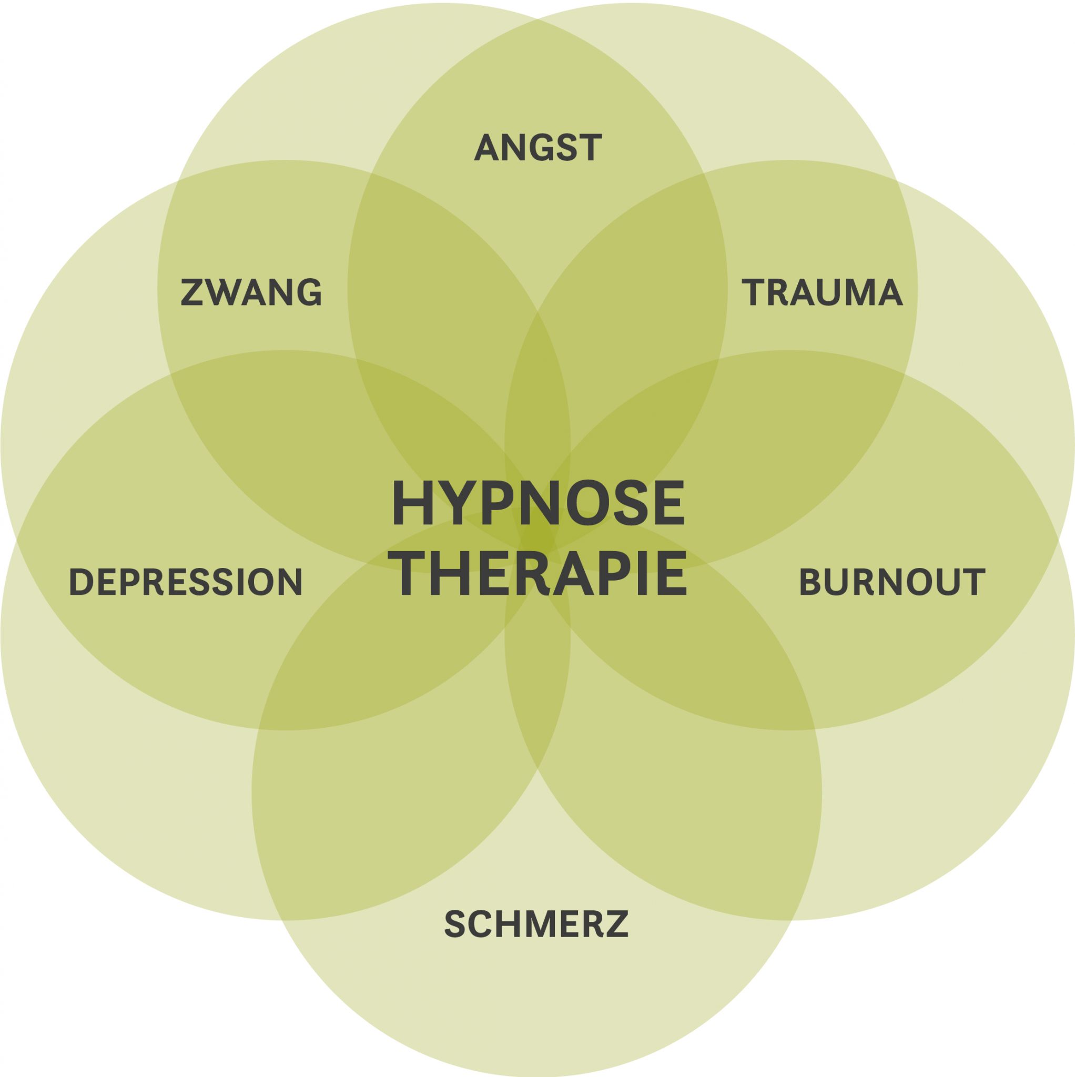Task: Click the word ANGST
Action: tap(537, 148)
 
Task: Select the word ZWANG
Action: tap(251, 292)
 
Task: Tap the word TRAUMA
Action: tap(822, 292)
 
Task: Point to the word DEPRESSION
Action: tap(186, 582)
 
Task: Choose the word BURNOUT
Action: tap(891, 582)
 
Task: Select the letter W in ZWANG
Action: tap(225, 292)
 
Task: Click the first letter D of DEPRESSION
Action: tap(80, 582)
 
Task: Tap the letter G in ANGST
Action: tap(540, 148)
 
